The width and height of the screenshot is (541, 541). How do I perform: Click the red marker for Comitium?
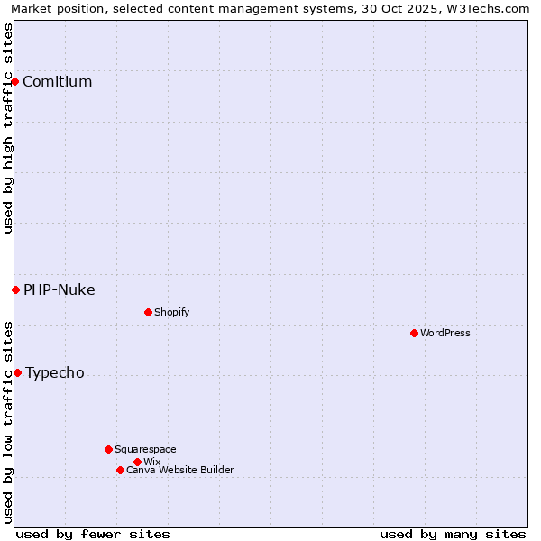pyautogui.click(x=14, y=81)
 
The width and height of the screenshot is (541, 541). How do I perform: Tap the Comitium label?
pyautogui.click(x=57, y=82)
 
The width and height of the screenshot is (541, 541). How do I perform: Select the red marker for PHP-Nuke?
pyautogui.click(x=15, y=289)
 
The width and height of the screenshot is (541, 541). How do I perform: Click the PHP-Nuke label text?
pyautogui.click(x=59, y=290)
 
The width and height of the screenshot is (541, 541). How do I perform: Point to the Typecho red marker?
pyautogui.click(x=17, y=372)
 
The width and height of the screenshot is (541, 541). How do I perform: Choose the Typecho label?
pyautogui.click(x=54, y=373)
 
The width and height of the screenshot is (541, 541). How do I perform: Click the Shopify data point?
pyautogui.click(x=148, y=312)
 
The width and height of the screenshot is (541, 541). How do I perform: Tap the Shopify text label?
pyautogui.click(x=171, y=313)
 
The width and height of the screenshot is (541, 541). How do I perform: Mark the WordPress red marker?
pyautogui.click(x=414, y=333)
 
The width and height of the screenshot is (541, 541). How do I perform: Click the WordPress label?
pyautogui.click(x=445, y=334)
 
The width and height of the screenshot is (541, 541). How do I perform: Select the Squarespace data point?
pyautogui.click(x=108, y=449)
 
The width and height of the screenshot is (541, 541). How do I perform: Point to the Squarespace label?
pyautogui.click(x=145, y=450)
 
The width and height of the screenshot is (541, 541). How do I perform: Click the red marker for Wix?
pyautogui.click(x=137, y=462)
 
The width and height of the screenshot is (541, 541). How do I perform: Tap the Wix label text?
pyautogui.click(x=151, y=463)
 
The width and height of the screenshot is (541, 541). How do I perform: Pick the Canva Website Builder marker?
pyautogui.click(x=120, y=470)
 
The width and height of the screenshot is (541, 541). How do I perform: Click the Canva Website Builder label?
pyautogui.click(x=179, y=471)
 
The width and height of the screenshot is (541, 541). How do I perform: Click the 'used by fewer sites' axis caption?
pyautogui.click(x=93, y=534)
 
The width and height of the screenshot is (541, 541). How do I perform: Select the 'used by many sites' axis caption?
pyautogui.click(x=453, y=534)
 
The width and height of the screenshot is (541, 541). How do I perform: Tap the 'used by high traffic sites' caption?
pyautogui.click(x=8, y=128)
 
